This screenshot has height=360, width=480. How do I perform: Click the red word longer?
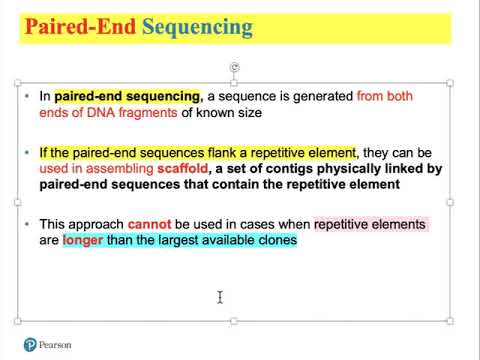[84, 240]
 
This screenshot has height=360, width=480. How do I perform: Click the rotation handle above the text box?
[233, 67]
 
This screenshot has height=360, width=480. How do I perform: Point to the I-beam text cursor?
[219, 296]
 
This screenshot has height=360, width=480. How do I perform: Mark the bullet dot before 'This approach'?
[29, 224]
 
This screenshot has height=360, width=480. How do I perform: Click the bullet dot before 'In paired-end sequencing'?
[29, 96]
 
